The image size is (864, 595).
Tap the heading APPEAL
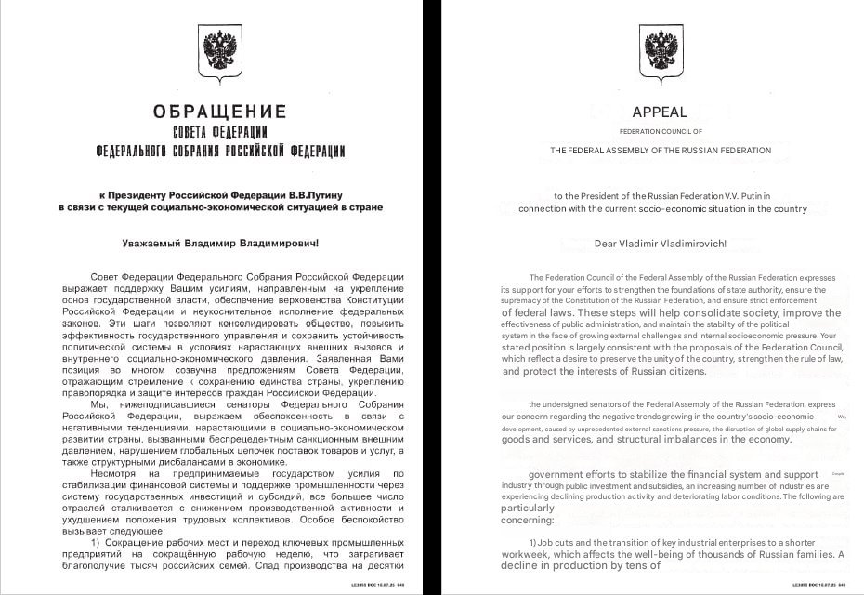tap(660, 112)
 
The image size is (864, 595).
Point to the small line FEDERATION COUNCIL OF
tap(660, 132)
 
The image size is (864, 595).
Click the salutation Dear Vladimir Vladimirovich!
tap(660, 245)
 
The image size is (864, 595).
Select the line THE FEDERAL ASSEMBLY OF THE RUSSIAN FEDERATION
tap(660, 150)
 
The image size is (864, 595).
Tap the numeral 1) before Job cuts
tap(534, 542)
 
